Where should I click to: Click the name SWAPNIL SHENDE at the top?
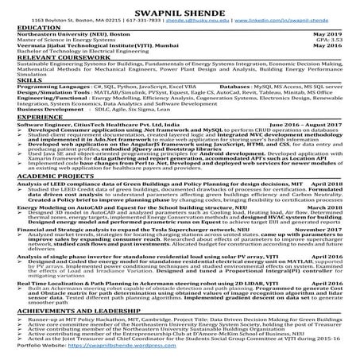point(180,7)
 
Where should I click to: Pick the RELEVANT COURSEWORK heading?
point(51,58)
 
